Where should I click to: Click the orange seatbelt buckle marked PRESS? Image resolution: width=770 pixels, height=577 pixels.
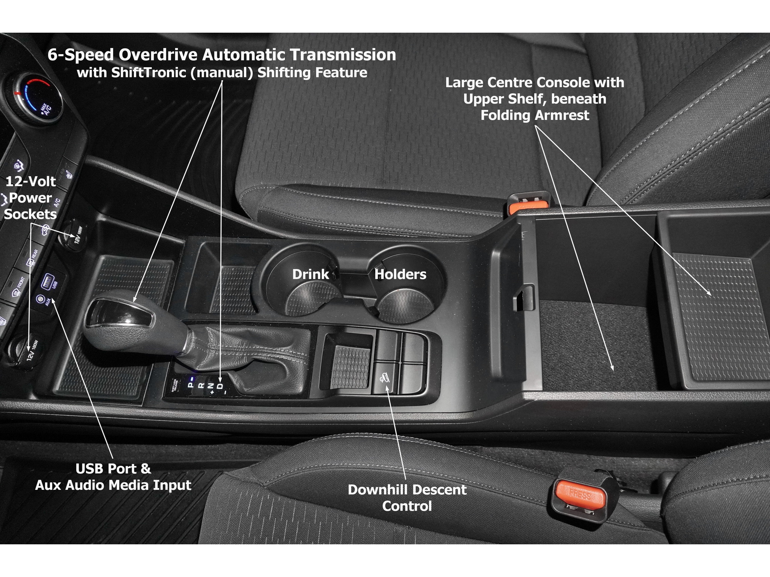tap(581, 494)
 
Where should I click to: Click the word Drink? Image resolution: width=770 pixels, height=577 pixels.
tap(311, 274)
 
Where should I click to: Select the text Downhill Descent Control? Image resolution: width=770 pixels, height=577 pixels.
tap(407, 498)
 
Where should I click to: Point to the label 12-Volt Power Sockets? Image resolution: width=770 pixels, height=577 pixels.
tap(30, 198)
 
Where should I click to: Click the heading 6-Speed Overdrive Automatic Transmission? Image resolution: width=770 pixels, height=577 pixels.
tap(222, 55)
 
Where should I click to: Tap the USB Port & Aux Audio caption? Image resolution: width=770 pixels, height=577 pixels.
tap(113, 477)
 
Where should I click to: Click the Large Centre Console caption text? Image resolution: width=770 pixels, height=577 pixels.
tap(535, 99)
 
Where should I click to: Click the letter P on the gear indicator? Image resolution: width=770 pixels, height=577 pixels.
tap(191, 385)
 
